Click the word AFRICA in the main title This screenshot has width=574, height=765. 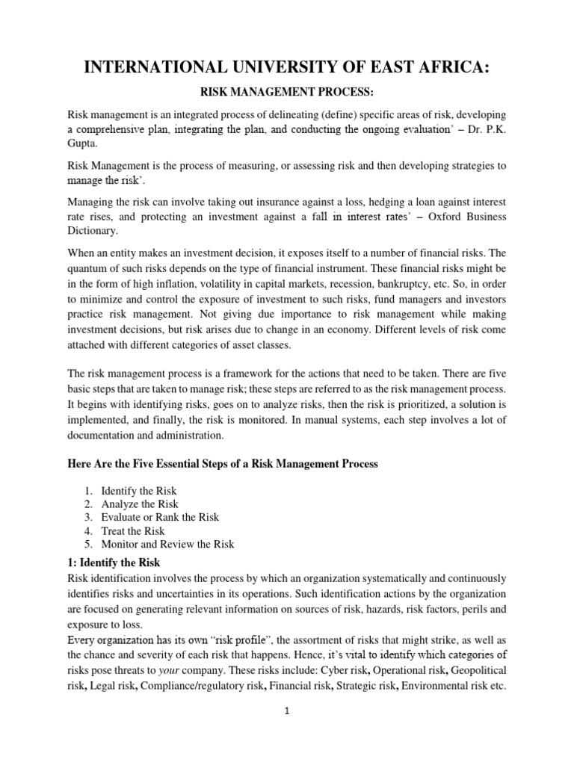tap(445, 69)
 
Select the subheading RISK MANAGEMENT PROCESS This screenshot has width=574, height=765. tap(287, 96)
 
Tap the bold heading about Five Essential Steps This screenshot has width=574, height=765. tap(223, 464)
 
